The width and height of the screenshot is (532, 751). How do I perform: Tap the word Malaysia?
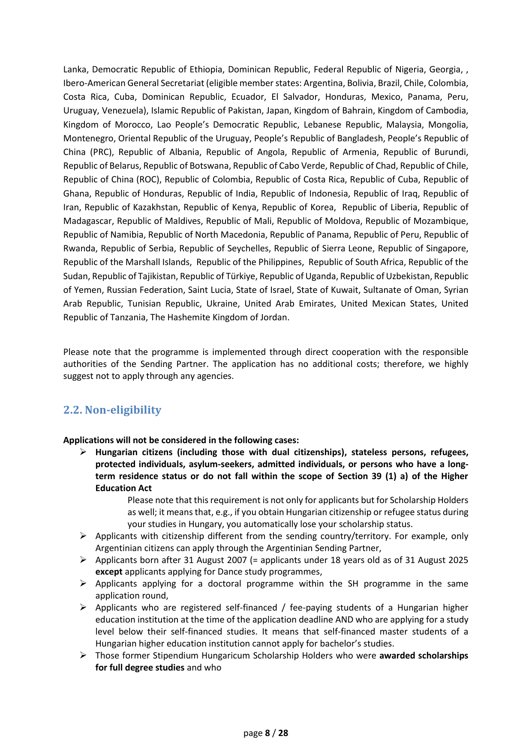[x=404, y=125]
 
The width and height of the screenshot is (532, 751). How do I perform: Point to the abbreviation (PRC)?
[x=102, y=152]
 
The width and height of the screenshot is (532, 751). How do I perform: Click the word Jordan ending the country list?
[x=275, y=317]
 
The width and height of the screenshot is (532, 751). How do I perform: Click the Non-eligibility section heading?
[x=112, y=410]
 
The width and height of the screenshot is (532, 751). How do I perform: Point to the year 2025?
[x=458, y=560]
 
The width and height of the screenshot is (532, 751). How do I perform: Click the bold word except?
[x=109, y=572]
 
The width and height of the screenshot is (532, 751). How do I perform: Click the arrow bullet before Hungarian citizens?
[x=83, y=452]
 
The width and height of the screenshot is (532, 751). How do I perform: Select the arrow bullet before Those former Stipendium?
[x=83, y=656]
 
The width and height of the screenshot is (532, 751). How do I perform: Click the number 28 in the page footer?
[x=283, y=733]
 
